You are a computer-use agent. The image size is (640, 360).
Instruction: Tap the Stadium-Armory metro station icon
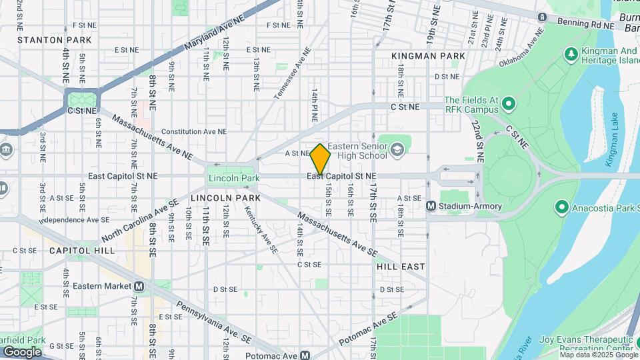pos(431,206)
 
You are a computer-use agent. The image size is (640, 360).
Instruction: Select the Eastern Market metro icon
pos(139,286)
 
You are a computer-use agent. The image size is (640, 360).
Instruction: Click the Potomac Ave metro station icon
pos(305,355)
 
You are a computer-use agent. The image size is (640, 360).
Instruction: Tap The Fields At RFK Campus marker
pos(509,104)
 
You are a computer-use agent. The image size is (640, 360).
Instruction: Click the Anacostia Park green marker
pos(561,207)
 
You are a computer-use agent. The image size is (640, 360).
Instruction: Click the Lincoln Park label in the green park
pos(234,178)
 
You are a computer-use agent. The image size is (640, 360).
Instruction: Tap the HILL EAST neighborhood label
pos(400,266)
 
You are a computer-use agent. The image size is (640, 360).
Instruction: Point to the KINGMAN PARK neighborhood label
pos(428,56)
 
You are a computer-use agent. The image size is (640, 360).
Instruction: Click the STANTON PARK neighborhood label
pos(45,40)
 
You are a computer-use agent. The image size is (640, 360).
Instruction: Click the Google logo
pos(22,352)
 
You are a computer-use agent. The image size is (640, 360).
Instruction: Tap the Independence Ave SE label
pos(74,219)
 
